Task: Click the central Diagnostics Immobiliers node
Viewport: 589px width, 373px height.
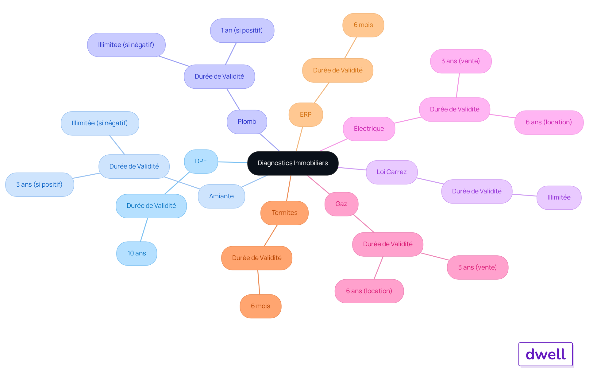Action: [x=293, y=163]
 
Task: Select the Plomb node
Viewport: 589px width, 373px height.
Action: [x=247, y=122]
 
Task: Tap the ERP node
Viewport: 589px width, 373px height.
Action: [x=306, y=115]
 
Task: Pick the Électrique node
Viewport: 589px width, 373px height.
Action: [x=369, y=129]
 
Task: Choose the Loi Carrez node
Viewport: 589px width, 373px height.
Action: [x=391, y=172]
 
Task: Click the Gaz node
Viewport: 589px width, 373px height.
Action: [x=341, y=204]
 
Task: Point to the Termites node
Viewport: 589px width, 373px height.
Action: [x=284, y=213]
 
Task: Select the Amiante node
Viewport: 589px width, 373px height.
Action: [x=221, y=196]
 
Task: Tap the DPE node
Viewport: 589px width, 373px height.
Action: [x=201, y=161]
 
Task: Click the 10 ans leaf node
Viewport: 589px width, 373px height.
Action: [x=137, y=253]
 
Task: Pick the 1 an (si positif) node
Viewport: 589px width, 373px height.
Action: [x=242, y=30]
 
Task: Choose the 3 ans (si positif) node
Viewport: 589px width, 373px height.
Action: [x=39, y=185]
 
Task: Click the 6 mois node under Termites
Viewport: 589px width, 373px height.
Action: [x=260, y=306]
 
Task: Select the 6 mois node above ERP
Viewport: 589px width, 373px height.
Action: [x=363, y=25]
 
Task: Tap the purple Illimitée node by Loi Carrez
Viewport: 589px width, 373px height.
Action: [x=559, y=197]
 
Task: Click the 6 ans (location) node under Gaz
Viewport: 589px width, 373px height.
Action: [x=369, y=291]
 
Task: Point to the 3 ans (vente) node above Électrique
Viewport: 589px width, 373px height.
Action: [x=461, y=61]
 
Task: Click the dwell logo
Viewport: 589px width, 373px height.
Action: [x=545, y=354]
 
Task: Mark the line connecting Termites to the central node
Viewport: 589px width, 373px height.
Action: [x=289, y=188]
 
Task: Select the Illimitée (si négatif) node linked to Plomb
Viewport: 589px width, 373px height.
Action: [x=126, y=45]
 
